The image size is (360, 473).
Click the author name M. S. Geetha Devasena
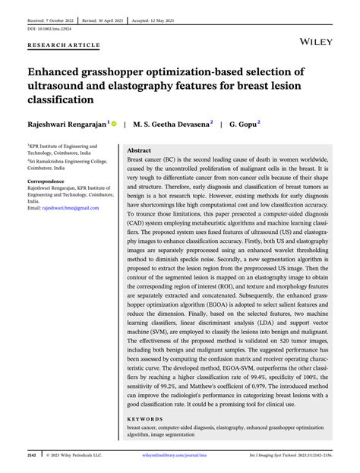(175, 121)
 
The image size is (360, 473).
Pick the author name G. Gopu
(243, 121)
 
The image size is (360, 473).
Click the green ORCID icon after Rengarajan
(115, 121)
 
